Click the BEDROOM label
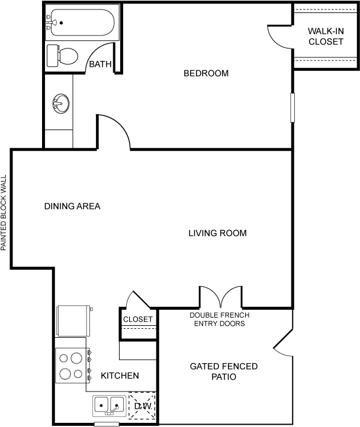click(205, 73)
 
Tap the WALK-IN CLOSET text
click(325, 37)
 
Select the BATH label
click(100, 64)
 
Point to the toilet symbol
click(63, 56)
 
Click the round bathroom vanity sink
click(60, 105)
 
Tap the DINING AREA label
click(72, 206)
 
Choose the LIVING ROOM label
click(217, 233)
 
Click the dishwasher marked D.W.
click(142, 406)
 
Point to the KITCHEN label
click(120, 376)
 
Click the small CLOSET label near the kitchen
click(138, 319)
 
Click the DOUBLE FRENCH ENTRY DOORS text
click(217, 319)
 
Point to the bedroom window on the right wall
click(292, 107)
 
